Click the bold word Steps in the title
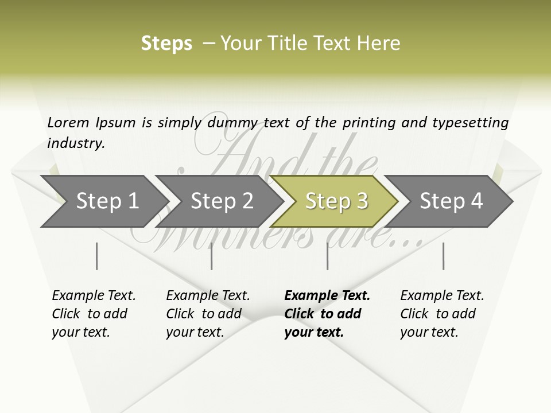[166, 44]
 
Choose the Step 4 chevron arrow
[451, 201]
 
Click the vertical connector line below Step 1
[97, 256]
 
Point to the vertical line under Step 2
[212, 256]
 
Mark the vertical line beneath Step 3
[327, 256]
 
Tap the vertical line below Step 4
[443, 256]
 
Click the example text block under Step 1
[94, 314]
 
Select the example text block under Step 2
[208, 314]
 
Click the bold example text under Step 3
[327, 314]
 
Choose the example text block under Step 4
[442, 314]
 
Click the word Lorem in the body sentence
[69, 123]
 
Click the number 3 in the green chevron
[362, 201]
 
